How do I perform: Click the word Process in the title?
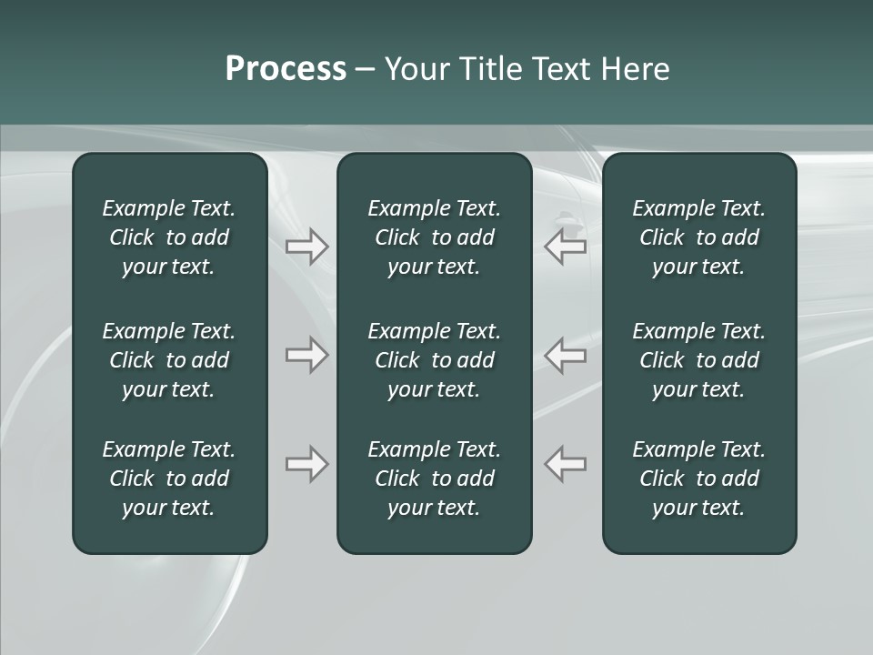coord(286,69)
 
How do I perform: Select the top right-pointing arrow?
coord(307,247)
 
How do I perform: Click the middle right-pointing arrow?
coord(307,355)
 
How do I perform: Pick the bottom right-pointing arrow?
coord(307,464)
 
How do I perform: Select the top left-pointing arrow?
coord(565,247)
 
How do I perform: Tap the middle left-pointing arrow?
coord(565,355)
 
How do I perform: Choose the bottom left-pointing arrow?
coord(565,464)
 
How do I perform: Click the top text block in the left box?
coord(169,237)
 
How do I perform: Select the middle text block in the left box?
coord(169,360)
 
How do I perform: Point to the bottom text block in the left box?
coord(169,479)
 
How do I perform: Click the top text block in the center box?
coord(434,237)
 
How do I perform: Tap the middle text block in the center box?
coord(434,360)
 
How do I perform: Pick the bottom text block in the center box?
coord(434,479)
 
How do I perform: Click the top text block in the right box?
coord(698,237)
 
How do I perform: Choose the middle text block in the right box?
coord(698,360)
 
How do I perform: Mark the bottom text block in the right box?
coord(698,479)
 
